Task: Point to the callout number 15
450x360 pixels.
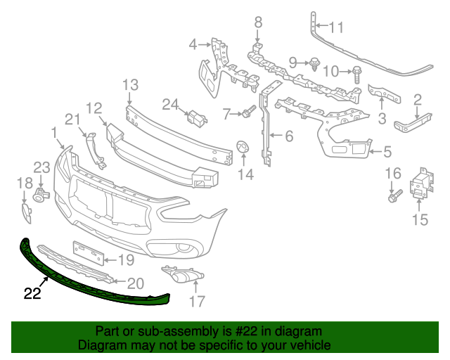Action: [419, 220]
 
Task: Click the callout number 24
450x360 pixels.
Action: [170, 105]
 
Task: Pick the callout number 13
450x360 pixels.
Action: [130, 86]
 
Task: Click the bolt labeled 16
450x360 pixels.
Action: [394, 194]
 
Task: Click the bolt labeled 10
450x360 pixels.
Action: [357, 71]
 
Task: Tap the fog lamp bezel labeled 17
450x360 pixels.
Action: [181, 276]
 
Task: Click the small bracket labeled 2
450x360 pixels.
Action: [408, 125]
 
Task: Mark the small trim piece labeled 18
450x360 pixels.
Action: [25, 213]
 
